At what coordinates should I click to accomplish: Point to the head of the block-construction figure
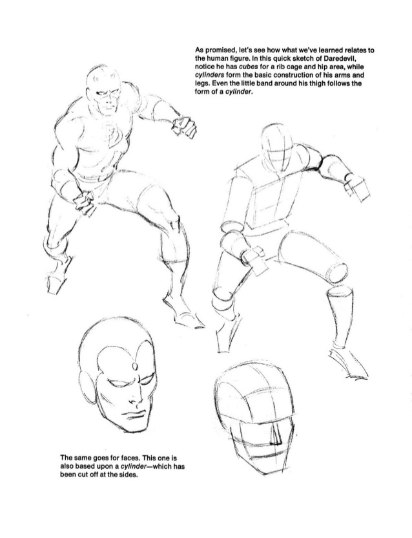(x=270, y=145)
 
